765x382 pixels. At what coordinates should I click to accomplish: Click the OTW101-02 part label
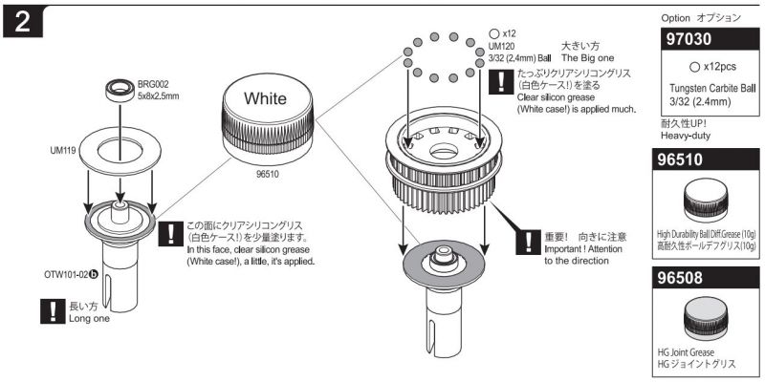tap(68, 272)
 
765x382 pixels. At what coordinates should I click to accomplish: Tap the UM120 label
tap(502, 45)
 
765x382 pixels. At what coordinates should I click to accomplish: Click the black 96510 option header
tap(708, 160)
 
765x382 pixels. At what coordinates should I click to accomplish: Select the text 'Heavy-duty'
tap(687, 137)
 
